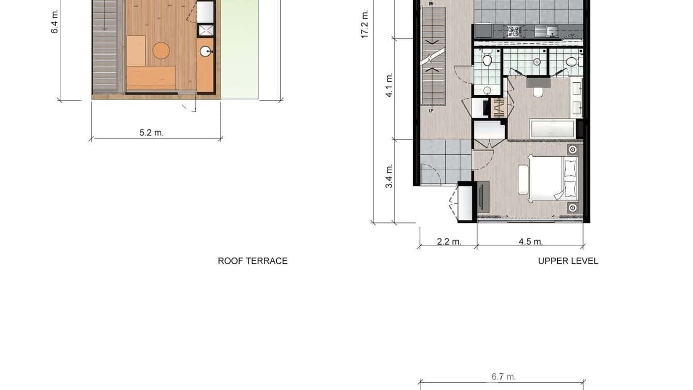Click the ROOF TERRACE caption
click(x=253, y=261)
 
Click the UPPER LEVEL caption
click(x=568, y=261)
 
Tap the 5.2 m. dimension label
click(x=151, y=133)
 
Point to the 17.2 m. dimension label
click(x=365, y=24)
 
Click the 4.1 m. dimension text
click(x=389, y=85)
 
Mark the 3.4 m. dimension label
click(x=389, y=176)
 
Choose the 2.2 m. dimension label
click(x=449, y=242)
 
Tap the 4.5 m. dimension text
click(x=530, y=242)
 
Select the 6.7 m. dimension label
click(x=503, y=377)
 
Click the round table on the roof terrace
click(x=161, y=50)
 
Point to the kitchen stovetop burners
click(x=514, y=31)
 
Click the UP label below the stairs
click(x=431, y=111)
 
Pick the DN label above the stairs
click(x=431, y=4)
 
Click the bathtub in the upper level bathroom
click(x=552, y=128)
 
